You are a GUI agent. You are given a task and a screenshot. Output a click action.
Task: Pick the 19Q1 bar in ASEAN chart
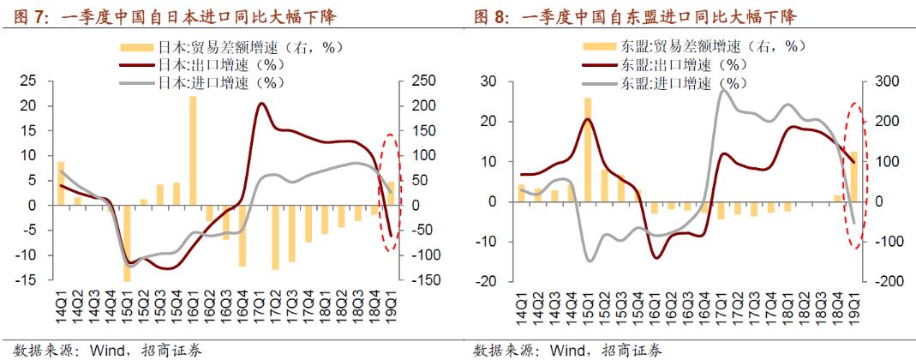coord(852,177)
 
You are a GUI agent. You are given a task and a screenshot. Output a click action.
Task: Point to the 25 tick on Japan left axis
coord(30,81)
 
